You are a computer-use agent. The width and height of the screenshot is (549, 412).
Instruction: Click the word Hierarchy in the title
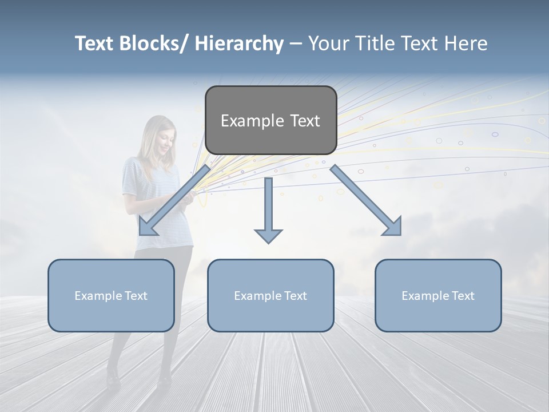point(239,43)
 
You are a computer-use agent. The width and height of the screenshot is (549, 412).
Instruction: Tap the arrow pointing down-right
point(367,201)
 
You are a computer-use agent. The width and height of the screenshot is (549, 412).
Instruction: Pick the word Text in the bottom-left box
point(134,296)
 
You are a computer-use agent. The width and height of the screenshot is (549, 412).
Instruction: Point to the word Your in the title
point(328,43)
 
